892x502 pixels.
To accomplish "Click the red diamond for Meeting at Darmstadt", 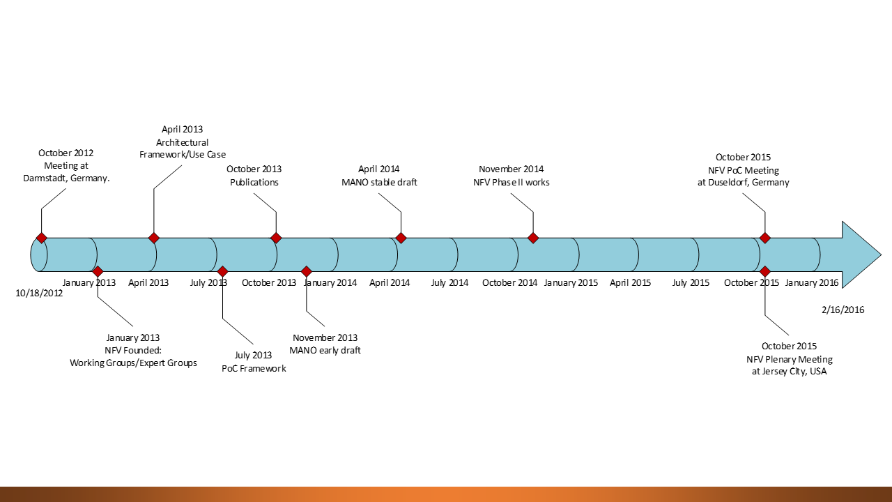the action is (x=42, y=238).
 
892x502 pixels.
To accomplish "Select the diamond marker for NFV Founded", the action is (x=98, y=271).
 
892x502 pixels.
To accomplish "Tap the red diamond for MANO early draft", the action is (x=306, y=271).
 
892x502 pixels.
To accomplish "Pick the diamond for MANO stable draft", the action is (x=401, y=238).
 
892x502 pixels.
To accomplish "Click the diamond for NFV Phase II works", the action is (x=533, y=238).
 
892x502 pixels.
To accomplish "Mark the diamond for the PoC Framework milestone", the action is (x=222, y=271).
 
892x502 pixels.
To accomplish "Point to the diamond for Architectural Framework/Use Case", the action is (x=154, y=238).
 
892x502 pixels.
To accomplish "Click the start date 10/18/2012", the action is (x=39, y=294).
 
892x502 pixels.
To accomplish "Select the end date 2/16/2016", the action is (x=843, y=310).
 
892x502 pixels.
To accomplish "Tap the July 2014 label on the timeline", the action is (x=449, y=282).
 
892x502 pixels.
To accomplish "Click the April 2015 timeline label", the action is (x=630, y=282).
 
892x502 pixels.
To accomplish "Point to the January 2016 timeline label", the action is (x=812, y=282).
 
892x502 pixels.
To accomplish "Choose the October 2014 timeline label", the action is (x=509, y=282).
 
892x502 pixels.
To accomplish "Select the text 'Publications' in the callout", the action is (x=254, y=183).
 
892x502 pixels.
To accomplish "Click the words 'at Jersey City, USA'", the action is (x=789, y=372).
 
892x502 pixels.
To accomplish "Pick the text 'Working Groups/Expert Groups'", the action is (x=133, y=363).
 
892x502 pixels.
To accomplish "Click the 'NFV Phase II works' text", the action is (x=511, y=183).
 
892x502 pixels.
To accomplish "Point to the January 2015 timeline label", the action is (x=571, y=282).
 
